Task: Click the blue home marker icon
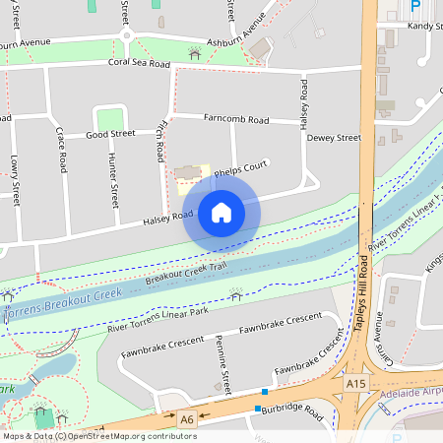point(221,213)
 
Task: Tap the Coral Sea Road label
point(139,63)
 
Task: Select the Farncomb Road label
point(236,119)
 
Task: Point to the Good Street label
point(110,134)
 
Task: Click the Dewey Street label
point(334,139)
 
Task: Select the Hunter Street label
point(114,176)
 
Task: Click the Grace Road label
point(61,149)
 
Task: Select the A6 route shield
point(187,419)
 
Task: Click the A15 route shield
point(356,382)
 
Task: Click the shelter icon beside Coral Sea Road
point(194,55)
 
